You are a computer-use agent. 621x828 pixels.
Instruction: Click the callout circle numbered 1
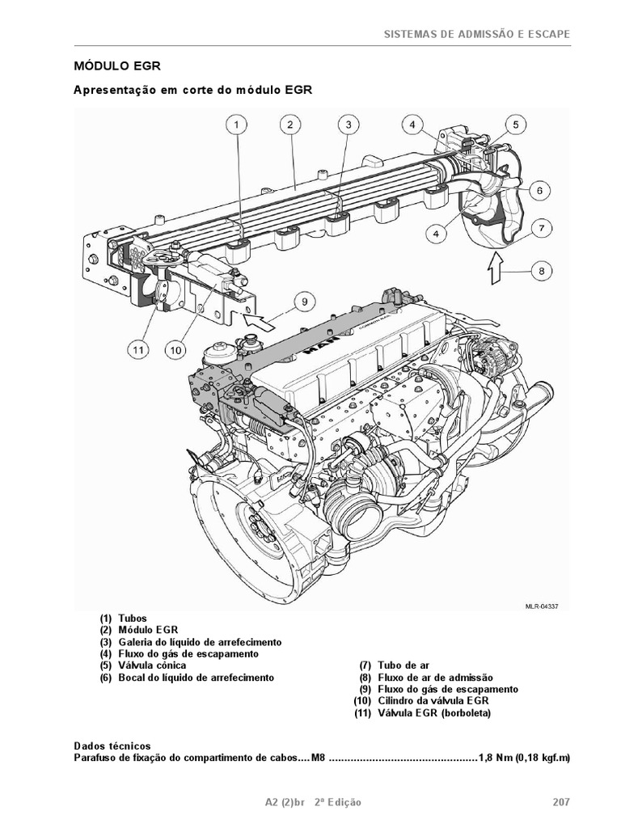point(236,125)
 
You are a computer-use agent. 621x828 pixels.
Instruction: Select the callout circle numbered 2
point(289,125)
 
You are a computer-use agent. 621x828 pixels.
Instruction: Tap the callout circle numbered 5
point(514,125)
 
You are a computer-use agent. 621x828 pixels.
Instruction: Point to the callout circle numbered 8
point(542,272)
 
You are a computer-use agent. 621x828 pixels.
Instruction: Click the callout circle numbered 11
point(138,350)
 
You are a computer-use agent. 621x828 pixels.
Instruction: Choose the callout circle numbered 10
point(177,350)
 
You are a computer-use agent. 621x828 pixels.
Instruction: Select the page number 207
point(561,802)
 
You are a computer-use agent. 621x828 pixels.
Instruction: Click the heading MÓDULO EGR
point(122,65)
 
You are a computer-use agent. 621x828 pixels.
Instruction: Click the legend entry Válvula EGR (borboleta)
point(433,713)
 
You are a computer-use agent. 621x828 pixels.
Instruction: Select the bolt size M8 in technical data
point(319,758)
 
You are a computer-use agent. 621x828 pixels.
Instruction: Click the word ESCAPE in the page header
point(547,34)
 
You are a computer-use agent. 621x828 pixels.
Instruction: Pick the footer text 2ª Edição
point(337,802)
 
